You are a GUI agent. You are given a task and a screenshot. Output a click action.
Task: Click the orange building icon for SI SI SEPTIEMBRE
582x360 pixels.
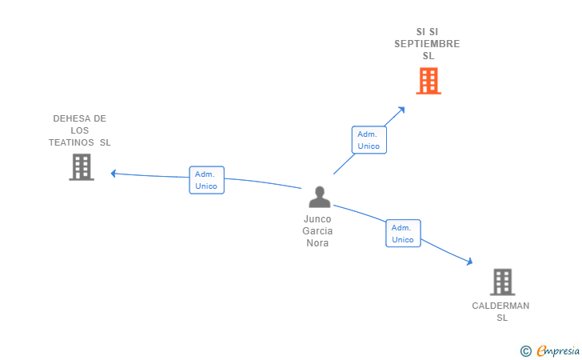point(429,81)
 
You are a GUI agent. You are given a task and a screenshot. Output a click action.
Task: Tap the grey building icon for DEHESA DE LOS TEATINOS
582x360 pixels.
point(82,167)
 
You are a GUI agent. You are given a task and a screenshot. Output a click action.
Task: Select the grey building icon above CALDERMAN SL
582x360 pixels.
point(502,282)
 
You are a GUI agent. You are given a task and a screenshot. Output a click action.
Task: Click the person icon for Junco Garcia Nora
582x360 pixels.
point(320,197)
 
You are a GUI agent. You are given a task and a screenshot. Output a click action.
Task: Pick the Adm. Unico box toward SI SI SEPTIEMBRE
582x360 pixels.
point(369,140)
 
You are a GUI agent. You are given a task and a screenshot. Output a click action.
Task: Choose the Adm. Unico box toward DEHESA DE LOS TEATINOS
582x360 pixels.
point(206,180)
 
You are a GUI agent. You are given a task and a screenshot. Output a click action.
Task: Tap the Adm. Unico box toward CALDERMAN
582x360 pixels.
point(403,234)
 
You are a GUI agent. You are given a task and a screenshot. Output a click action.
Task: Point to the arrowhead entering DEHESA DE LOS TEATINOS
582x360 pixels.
point(114,173)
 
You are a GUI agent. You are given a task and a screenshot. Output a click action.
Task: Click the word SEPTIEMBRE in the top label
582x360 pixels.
point(427,44)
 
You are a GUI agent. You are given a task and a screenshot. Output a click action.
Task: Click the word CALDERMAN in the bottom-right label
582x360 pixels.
point(500,306)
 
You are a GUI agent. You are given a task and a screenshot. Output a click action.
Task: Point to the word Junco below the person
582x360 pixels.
point(317,218)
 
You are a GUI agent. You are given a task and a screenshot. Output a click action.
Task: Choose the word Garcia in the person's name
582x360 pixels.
point(317,231)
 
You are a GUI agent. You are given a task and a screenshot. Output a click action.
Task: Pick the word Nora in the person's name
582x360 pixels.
point(317,243)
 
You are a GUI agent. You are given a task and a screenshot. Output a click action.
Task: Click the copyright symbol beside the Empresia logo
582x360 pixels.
point(525,350)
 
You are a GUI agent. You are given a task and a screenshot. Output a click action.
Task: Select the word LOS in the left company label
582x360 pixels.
point(79,130)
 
